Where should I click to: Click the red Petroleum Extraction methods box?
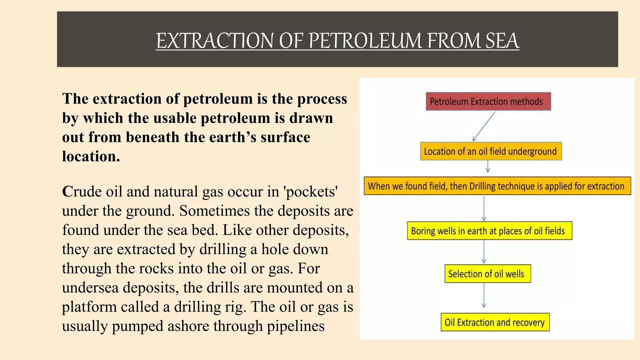[x=488, y=101]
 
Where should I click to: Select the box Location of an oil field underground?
[x=491, y=151]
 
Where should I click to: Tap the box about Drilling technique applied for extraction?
[x=497, y=186]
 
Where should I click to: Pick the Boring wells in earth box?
[x=489, y=231]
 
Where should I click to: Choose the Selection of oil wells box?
[x=487, y=274]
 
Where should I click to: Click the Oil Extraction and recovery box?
[x=495, y=322]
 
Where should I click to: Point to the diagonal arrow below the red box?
[x=484, y=126]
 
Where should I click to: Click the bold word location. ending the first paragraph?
[x=91, y=156]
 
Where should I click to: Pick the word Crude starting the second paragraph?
[x=82, y=192]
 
